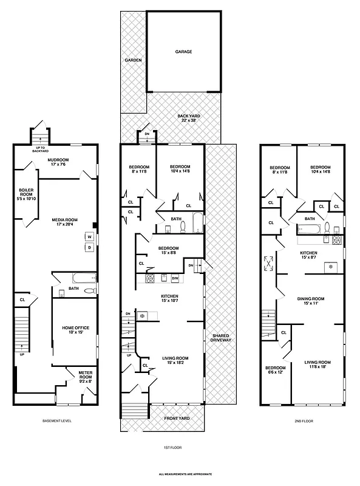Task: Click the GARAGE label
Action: pyautogui.click(x=183, y=52)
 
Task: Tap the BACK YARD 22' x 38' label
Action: pyautogui.click(x=189, y=117)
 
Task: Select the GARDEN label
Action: pyautogui.click(x=133, y=61)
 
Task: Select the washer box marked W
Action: pyautogui.click(x=89, y=237)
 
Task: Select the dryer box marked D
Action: pyautogui.click(x=89, y=247)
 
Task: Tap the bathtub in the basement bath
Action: pyautogui.click(x=80, y=278)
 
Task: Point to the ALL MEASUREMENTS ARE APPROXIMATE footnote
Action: pyautogui.click(x=180, y=474)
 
